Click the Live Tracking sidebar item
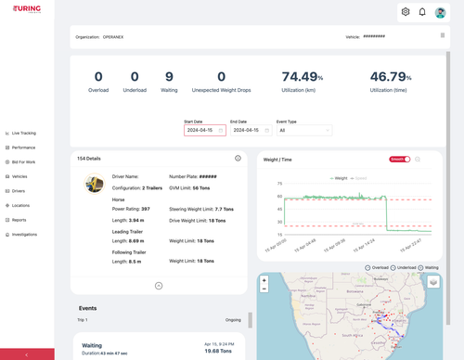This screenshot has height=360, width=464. (x=23, y=133)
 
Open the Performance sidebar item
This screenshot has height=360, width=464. (x=23, y=148)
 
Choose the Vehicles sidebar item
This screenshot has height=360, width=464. (x=19, y=176)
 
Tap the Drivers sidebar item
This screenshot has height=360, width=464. (x=19, y=191)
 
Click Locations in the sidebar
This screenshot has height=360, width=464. (x=20, y=205)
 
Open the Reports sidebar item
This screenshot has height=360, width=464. (x=19, y=220)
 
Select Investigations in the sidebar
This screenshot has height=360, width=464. (x=24, y=234)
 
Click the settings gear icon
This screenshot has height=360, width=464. (x=406, y=12)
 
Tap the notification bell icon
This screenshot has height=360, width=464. (x=422, y=12)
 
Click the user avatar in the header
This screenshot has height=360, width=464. (x=441, y=12)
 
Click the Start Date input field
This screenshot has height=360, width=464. (x=204, y=131)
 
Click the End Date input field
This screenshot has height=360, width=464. (x=250, y=131)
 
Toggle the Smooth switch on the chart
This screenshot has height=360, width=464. (x=400, y=160)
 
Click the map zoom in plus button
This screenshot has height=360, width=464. (x=264, y=279)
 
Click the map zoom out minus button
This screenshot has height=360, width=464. (x=264, y=289)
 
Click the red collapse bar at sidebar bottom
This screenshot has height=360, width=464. (x=27, y=354)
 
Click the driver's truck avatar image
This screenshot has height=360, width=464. (x=94, y=184)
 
